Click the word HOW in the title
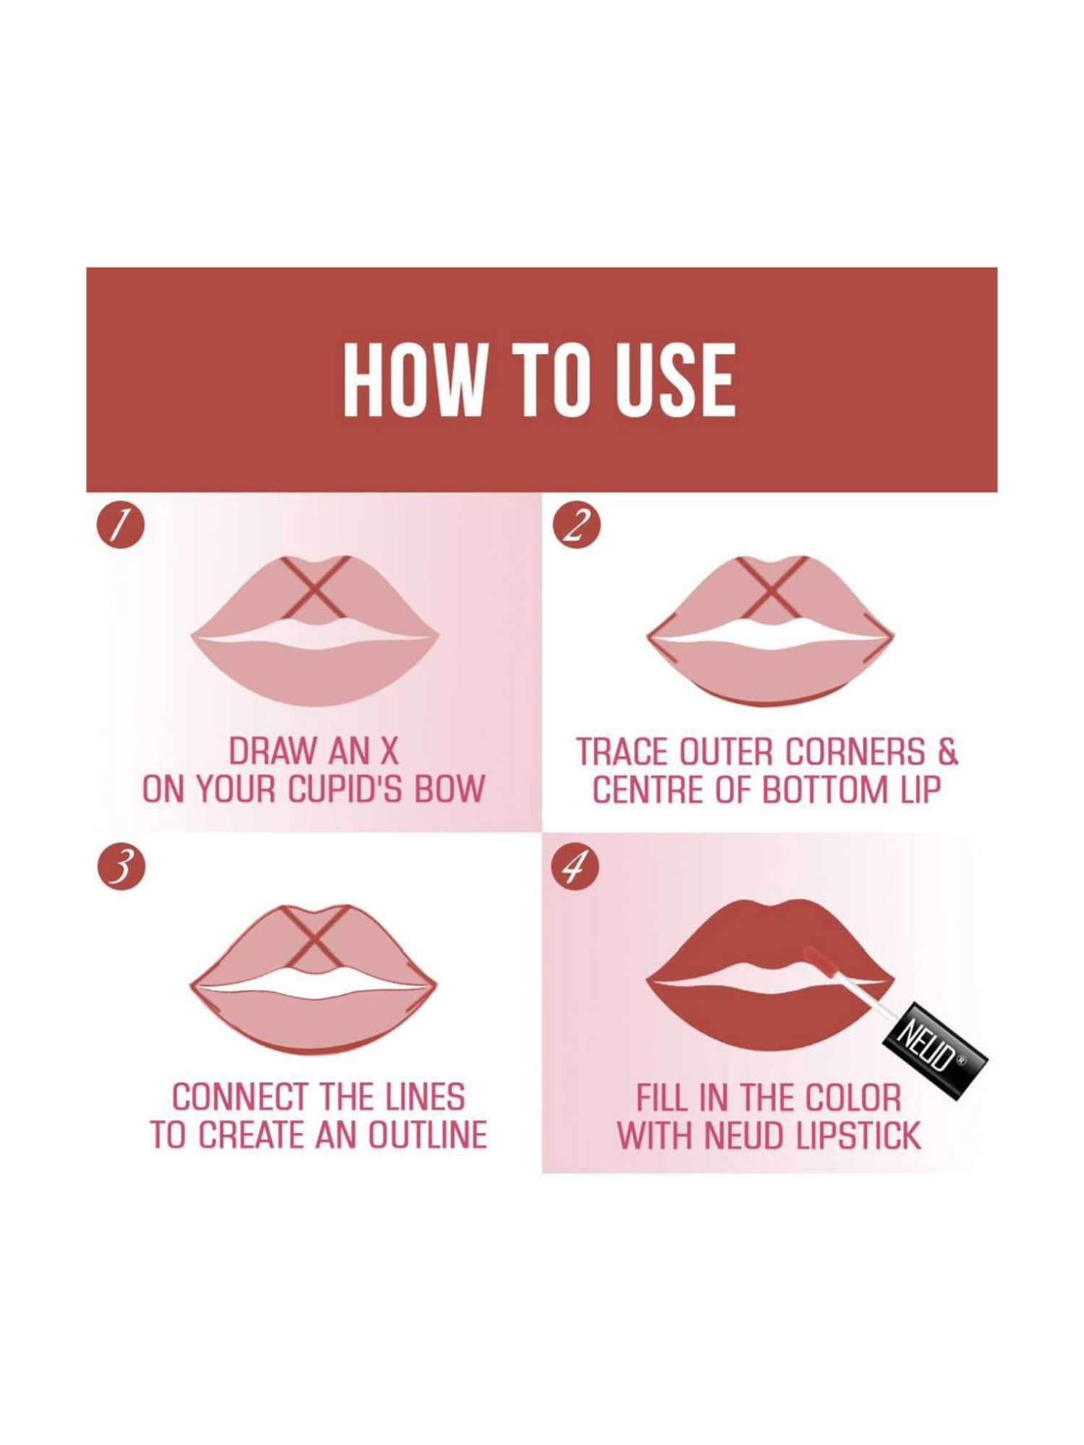pyautogui.click(x=412, y=381)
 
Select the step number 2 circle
pyautogui.click(x=576, y=526)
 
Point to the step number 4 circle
pyautogui.click(x=576, y=867)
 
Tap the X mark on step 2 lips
pyautogui.click(x=770, y=587)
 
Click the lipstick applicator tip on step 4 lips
pyautogui.click(x=815, y=955)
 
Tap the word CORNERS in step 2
pyautogui.click(x=854, y=752)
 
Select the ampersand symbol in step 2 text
pyautogui.click(x=948, y=752)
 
